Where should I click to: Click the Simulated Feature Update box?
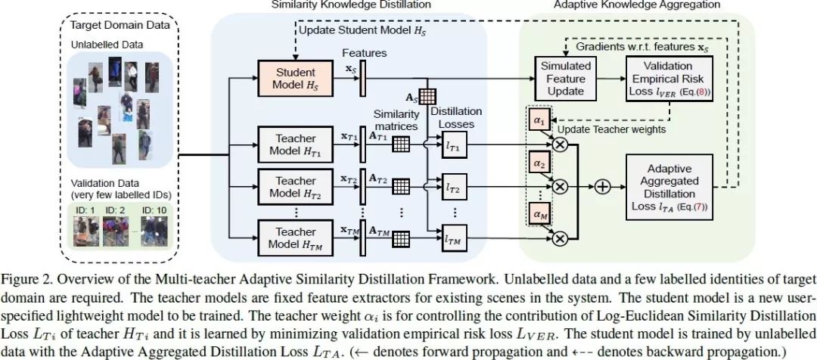click(x=564, y=79)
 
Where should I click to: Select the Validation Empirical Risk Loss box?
click(x=666, y=79)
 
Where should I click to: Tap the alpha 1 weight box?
click(x=538, y=120)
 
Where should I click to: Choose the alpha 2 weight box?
click(x=538, y=163)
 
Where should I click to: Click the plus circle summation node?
click(x=604, y=186)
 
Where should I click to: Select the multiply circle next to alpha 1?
click(x=561, y=144)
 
